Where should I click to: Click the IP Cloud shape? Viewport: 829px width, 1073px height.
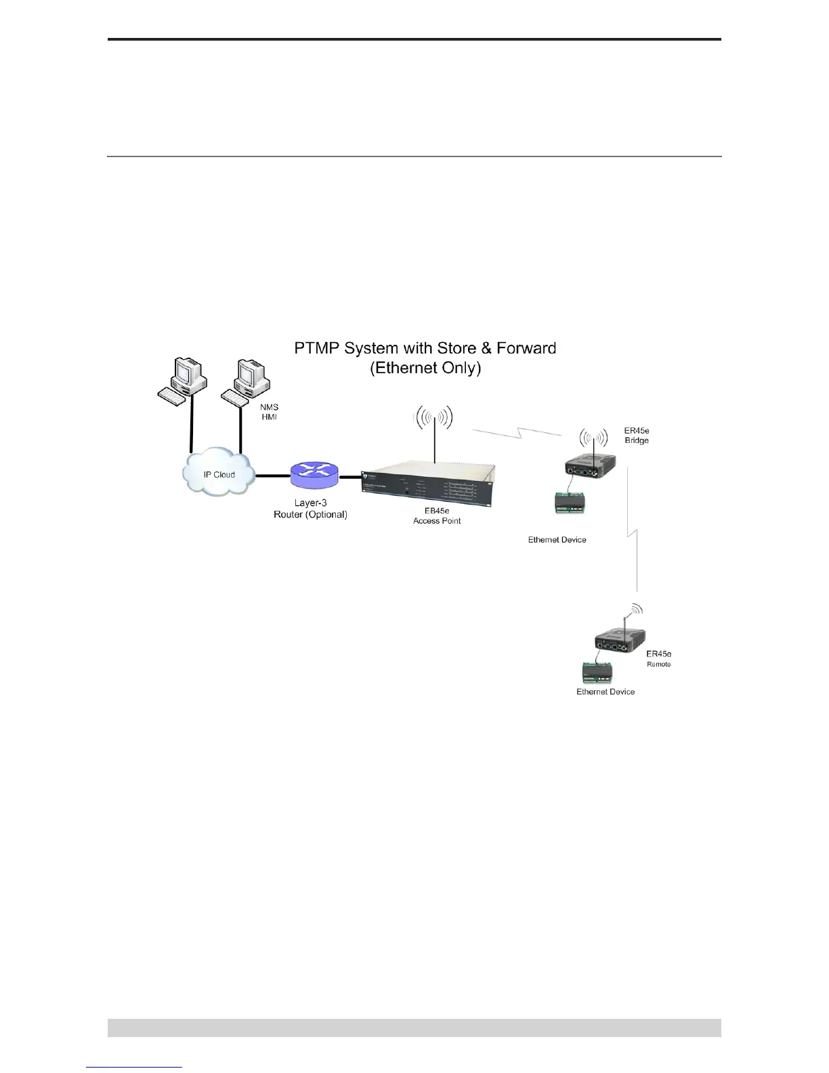(x=219, y=474)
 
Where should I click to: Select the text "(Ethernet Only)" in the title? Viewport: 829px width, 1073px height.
(x=425, y=369)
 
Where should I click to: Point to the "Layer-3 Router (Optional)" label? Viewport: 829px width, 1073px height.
(x=310, y=509)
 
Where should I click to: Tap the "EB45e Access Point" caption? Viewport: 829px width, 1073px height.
(x=437, y=516)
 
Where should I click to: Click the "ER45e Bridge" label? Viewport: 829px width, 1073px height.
(x=636, y=435)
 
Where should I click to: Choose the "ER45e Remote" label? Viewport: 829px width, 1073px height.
(x=658, y=658)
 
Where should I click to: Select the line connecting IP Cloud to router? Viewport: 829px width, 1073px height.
(x=272, y=476)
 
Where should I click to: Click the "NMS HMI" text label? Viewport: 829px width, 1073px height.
(x=270, y=412)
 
